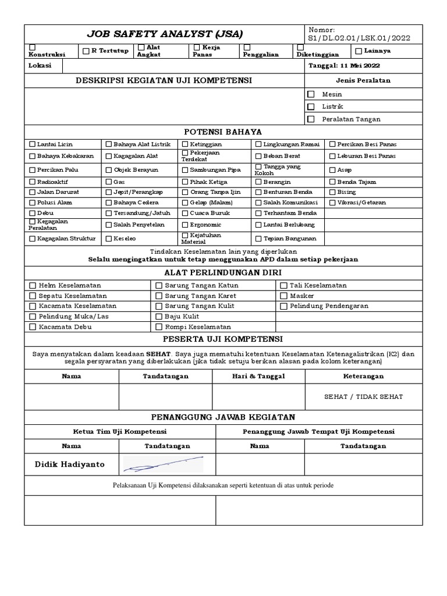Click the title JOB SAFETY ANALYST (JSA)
click(165, 34)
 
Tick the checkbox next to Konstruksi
click(33, 47)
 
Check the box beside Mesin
click(311, 94)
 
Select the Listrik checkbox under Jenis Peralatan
click(311, 107)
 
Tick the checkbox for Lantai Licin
click(33, 144)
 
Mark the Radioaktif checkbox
click(33, 182)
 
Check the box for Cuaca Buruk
click(185, 213)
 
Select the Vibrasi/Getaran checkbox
click(333, 203)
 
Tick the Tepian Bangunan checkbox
click(258, 238)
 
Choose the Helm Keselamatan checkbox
click(33, 285)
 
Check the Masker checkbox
click(284, 296)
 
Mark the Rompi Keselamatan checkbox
click(159, 327)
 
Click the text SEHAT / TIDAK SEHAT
click(363, 396)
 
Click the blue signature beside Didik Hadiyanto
click(164, 464)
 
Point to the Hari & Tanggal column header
click(258, 376)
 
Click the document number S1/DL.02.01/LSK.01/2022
click(359, 38)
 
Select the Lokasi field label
click(40, 65)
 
